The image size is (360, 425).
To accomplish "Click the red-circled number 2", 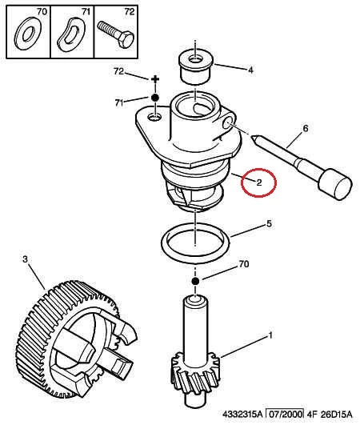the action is [259, 182].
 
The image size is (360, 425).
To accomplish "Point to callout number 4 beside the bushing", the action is [250, 70].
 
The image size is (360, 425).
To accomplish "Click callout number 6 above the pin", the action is [306, 128].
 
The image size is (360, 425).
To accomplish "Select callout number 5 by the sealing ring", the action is [269, 224].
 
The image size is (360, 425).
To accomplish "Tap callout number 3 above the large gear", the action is [25, 259].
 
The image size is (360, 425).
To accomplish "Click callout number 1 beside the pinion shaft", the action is [270, 335].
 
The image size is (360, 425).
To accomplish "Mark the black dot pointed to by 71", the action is [155, 98].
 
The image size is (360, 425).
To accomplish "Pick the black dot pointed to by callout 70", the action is [195, 281].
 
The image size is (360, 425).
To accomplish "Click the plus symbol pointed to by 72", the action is [155, 79].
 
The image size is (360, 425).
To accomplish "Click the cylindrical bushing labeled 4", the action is [196, 66].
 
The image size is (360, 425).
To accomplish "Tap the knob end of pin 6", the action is [335, 184].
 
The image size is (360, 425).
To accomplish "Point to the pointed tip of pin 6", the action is [252, 136].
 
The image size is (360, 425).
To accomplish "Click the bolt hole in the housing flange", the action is [154, 118].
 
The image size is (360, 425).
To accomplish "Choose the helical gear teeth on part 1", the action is [195, 374].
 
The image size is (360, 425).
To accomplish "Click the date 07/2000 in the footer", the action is [285, 414].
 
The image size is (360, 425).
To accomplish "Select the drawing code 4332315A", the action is [242, 415].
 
